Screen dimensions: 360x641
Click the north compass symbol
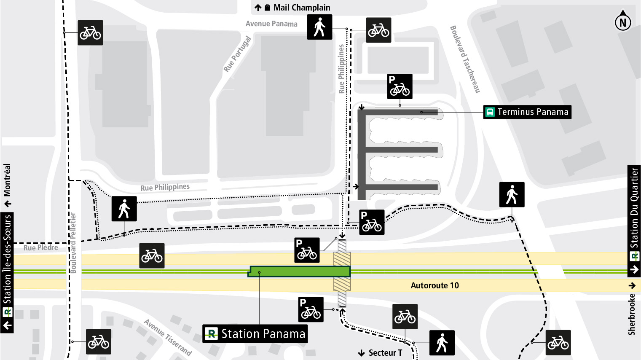coord(623,22)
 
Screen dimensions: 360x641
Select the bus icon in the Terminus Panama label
coord(490,112)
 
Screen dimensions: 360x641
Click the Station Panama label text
coord(263,334)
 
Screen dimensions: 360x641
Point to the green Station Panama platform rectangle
coord(299,271)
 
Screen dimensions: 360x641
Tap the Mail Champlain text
coord(302,8)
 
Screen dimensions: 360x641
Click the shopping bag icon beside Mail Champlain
coord(267,8)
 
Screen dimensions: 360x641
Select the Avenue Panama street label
coord(271,24)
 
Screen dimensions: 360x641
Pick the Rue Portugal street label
coord(237,54)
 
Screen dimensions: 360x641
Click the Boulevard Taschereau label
coord(465,59)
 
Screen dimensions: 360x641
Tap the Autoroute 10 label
coord(434,285)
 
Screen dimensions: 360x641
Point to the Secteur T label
coord(385,353)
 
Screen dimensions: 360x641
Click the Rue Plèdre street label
coord(41,248)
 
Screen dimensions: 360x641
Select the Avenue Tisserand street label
coord(168,337)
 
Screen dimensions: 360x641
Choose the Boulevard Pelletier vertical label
coord(73,243)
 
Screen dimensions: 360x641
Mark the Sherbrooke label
coord(631,314)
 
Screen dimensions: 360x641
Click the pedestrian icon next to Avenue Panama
coord(319,27)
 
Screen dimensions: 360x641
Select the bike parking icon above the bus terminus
coord(400,86)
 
